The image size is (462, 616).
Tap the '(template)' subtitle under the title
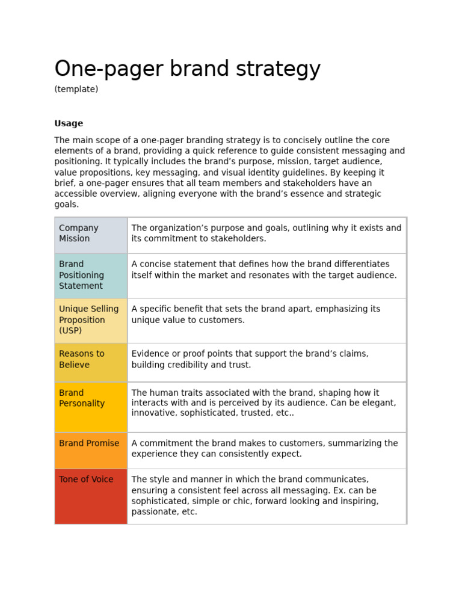[x=76, y=89]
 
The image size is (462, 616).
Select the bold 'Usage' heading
[x=69, y=123]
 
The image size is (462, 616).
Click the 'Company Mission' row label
[x=78, y=233]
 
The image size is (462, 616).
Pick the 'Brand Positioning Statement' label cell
[x=81, y=275]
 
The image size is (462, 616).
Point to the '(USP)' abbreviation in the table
[x=70, y=331]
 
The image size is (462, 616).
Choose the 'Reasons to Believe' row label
[x=81, y=359]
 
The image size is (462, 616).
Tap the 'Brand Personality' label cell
[x=81, y=398]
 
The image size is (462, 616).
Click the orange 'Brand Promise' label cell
[x=89, y=443]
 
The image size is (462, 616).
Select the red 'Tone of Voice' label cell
[x=86, y=480]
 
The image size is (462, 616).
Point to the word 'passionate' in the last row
[x=155, y=512]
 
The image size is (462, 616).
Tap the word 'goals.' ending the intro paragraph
[x=66, y=205]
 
